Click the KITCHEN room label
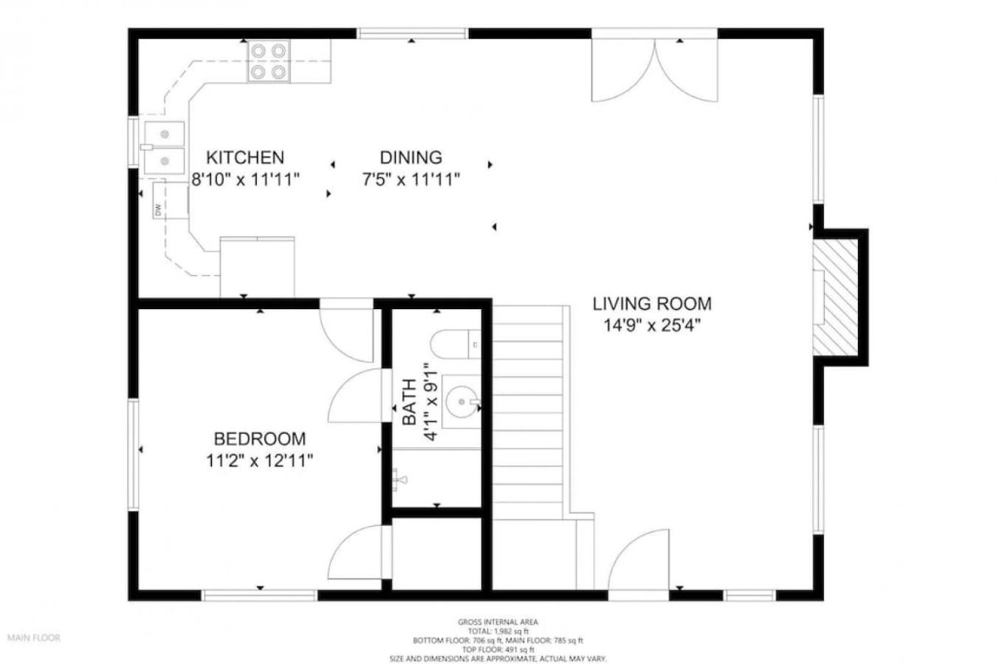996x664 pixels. [x=245, y=157]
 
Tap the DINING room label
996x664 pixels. [x=411, y=157]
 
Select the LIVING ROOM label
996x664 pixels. [x=652, y=303]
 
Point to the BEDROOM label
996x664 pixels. [x=260, y=439]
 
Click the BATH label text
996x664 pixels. [x=409, y=402]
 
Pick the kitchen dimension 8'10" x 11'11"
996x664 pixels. [x=245, y=179]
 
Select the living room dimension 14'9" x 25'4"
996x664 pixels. [x=652, y=326]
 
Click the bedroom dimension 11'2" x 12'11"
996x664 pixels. [x=260, y=461]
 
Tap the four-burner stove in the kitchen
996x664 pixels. [x=269, y=61]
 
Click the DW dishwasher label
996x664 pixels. [x=157, y=210]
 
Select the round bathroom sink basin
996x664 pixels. [x=461, y=402]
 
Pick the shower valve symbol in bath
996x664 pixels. [x=399, y=480]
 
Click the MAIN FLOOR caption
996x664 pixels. [x=34, y=637]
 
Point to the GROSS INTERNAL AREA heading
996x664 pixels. [x=498, y=622]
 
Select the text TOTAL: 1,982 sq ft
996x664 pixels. [x=498, y=631]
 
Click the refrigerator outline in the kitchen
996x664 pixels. [x=257, y=266]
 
